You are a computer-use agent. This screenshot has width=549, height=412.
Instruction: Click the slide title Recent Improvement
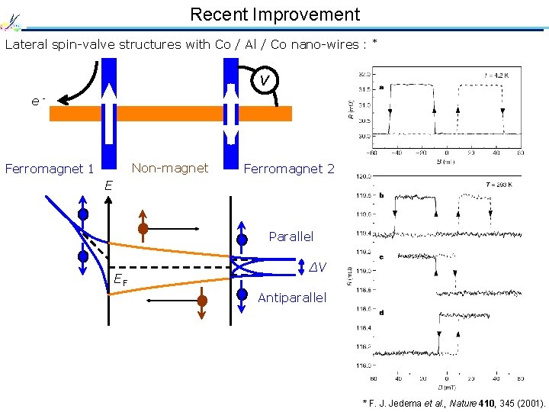(x=274, y=14)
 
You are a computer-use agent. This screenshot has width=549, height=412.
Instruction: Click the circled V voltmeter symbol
(x=264, y=80)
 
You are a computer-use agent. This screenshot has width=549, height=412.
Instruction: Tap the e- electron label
(x=38, y=100)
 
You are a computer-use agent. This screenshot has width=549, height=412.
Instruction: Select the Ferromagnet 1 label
(x=50, y=169)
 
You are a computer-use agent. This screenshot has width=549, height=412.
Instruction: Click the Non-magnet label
(x=170, y=168)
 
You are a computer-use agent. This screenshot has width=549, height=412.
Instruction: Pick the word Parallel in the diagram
(x=291, y=237)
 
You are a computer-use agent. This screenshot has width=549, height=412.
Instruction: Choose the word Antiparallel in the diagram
(x=292, y=297)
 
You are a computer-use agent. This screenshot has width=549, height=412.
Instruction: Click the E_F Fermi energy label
(x=120, y=281)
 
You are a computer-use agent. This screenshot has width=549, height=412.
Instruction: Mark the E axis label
(x=109, y=185)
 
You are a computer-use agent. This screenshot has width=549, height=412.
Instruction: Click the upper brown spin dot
(x=143, y=228)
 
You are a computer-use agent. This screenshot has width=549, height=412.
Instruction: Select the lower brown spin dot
(x=202, y=301)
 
